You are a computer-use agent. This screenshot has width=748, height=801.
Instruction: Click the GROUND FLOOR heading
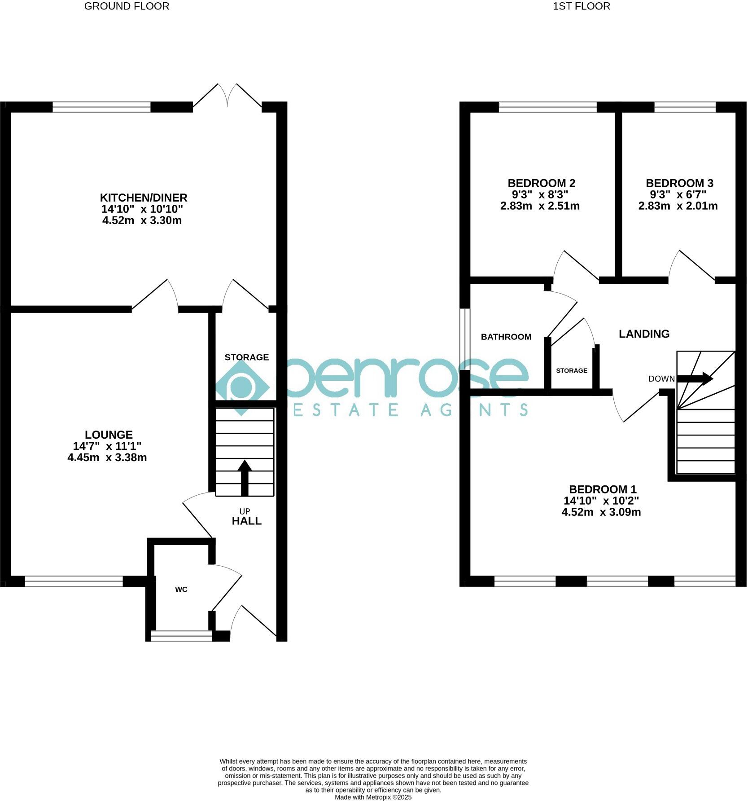coord(127,6)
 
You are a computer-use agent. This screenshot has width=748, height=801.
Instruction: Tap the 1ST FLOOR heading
coord(581,6)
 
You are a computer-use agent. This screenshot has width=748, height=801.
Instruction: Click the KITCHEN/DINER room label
coord(143,198)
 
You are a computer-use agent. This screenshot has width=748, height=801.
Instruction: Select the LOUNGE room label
coord(109,435)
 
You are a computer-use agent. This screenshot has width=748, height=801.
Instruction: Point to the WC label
coord(181,590)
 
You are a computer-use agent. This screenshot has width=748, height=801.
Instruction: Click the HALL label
coord(246,521)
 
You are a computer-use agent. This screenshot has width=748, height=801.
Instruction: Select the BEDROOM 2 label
coord(541,183)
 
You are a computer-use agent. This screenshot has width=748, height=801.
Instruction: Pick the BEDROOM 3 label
coord(679,183)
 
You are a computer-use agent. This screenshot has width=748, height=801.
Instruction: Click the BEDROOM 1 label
coord(603,489)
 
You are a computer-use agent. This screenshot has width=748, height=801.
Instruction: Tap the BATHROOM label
coord(506,337)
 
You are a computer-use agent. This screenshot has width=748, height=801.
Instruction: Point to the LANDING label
coord(644,334)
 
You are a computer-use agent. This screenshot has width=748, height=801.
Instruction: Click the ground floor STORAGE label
coord(246,357)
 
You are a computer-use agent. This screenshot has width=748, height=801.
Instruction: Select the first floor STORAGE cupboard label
coord(571,370)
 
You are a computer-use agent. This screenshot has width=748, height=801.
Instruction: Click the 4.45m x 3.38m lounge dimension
coord(107,458)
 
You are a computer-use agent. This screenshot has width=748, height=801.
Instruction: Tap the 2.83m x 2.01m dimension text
coord(678,206)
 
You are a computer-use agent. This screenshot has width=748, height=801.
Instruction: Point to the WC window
coord(181,636)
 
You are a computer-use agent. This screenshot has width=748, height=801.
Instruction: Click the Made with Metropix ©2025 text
coord(373,797)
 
